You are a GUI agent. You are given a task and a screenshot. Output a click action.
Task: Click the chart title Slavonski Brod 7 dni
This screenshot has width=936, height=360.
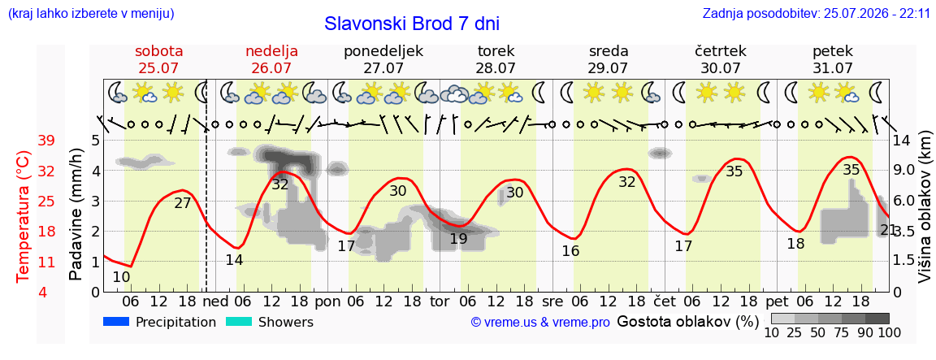tap(411, 24)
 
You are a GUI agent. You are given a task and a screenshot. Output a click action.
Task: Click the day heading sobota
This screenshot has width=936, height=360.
tap(158, 51)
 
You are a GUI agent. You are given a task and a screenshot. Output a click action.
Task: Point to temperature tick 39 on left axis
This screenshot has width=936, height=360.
tap(46, 141)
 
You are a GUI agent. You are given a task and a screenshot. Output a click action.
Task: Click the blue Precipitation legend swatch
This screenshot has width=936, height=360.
tap(117, 322)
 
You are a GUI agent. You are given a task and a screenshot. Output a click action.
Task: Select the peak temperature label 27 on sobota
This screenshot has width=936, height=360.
tap(183, 203)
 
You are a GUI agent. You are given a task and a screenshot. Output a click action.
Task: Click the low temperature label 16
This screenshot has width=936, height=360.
tap(570, 251)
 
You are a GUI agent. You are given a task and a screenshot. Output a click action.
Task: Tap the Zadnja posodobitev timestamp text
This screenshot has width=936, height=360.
tap(816, 13)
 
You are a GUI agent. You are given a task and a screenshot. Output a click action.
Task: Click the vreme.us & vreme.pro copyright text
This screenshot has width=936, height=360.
tap(540, 323)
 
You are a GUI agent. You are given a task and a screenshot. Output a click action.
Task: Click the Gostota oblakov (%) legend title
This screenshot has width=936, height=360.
tap(687, 322)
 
